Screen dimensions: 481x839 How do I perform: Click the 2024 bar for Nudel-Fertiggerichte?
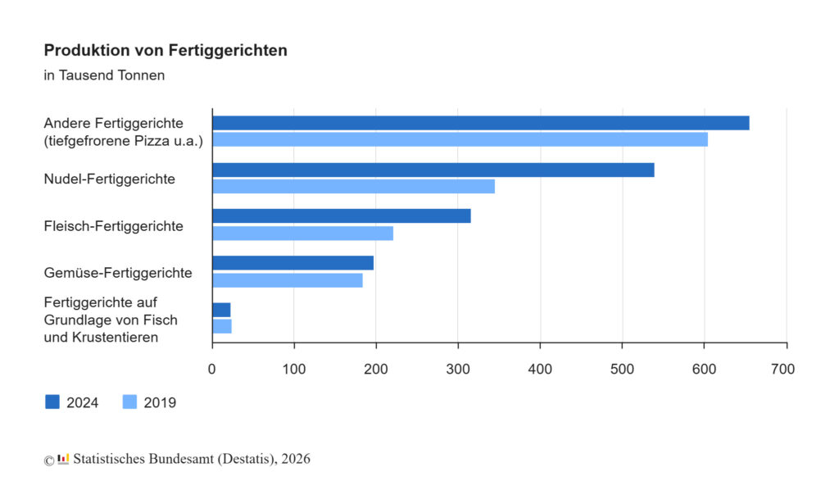(x=433, y=170)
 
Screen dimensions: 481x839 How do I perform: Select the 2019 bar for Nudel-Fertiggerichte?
(x=353, y=186)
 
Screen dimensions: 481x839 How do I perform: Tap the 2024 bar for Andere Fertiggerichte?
(x=480, y=123)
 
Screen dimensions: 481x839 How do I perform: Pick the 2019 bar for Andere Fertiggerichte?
(x=460, y=139)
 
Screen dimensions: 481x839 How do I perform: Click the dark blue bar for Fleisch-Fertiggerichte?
(x=341, y=216)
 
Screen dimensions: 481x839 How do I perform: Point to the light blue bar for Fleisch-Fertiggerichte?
(x=302, y=234)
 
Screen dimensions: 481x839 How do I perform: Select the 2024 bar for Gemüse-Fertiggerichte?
(x=293, y=263)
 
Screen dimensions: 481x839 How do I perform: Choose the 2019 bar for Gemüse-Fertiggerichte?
(x=287, y=280)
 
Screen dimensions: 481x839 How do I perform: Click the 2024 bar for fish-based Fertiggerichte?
(x=221, y=310)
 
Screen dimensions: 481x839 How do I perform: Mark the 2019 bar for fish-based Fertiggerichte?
(x=222, y=326)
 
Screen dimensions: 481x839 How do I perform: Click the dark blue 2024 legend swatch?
(x=52, y=402)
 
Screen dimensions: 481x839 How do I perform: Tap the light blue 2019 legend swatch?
(x=129, y=402)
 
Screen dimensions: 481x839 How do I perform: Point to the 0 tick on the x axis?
(x=212, y=370)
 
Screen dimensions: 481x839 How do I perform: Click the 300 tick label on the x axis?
(x=458, y=370)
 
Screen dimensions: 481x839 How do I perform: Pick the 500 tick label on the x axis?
(x=622, y=370)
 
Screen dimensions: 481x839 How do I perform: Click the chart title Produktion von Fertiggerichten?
(x=166, y=51)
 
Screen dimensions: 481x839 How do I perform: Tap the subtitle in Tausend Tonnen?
(x=104, y=75)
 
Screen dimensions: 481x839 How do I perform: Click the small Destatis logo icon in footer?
(x=63, y=458)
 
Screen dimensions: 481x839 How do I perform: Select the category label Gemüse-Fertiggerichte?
(x=118, y=272)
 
